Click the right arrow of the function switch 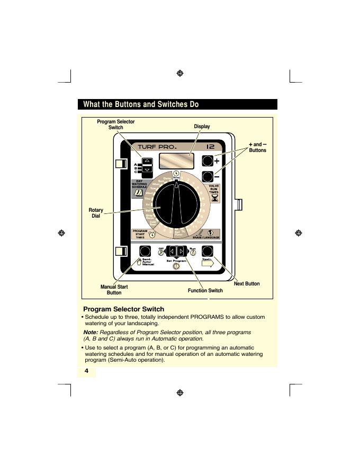point(182,251)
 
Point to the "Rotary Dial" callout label point(96,213)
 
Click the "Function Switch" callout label point(205,291)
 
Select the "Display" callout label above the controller point(202,127)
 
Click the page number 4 point(86,372)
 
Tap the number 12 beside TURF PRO point(210,146)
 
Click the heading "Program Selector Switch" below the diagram point(124,309)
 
